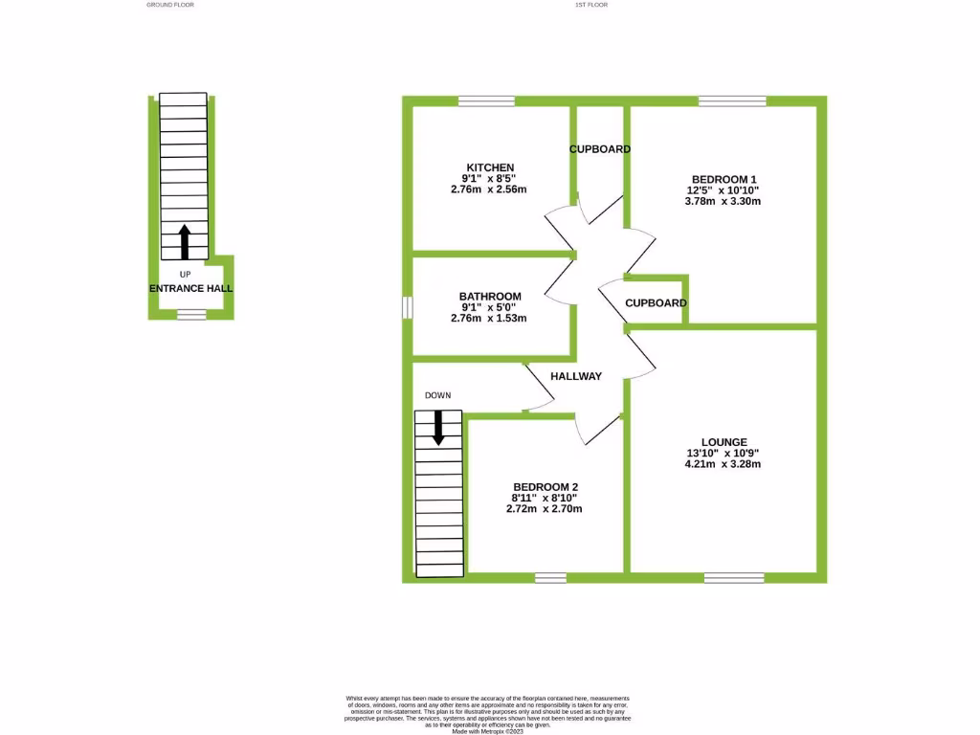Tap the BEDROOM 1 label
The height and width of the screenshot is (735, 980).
724,179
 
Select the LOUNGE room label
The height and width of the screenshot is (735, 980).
724,442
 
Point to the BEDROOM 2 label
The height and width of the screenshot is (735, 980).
545,486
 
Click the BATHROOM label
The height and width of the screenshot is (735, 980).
490,297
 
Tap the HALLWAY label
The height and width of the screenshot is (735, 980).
576,376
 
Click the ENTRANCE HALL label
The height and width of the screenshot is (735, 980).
190,288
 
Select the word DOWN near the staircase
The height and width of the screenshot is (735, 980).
438,395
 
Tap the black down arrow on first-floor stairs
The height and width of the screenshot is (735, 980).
438,427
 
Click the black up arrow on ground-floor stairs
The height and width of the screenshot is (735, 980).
185,242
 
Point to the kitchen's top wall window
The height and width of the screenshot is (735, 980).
486,100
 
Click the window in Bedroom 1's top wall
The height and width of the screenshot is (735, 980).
732,100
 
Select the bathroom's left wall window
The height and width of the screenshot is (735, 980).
407,307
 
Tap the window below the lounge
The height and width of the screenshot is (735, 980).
734,578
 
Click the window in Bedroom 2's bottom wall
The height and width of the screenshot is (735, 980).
550,578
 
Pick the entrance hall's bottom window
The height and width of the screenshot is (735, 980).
191,314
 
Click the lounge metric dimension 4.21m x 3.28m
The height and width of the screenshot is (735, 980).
724,464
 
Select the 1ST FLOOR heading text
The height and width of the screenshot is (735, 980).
591,5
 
